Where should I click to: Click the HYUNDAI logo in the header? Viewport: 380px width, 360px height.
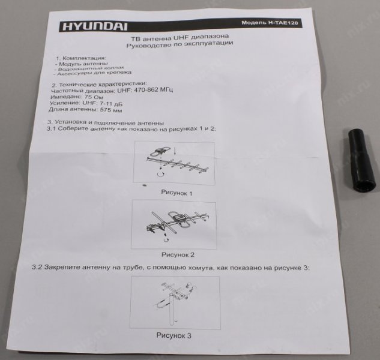(95, 26)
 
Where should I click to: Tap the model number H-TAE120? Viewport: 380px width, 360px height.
(283, 23)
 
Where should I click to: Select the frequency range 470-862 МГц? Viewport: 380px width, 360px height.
(145, 90)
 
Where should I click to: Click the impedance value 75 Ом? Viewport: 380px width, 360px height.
(94, 97)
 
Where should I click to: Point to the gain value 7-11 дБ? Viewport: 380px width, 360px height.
(111, 104)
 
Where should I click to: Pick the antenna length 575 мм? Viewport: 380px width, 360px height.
(111, 110)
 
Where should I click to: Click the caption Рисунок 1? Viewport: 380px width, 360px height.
(176, 193)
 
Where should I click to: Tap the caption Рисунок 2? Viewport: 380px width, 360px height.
(178, 254)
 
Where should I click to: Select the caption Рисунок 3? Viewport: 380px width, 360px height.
(173, 335)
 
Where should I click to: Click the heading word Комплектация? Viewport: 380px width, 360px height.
(84, 58)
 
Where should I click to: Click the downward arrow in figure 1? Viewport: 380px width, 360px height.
(175, 151)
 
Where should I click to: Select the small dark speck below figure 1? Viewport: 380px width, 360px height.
(144, 185)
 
